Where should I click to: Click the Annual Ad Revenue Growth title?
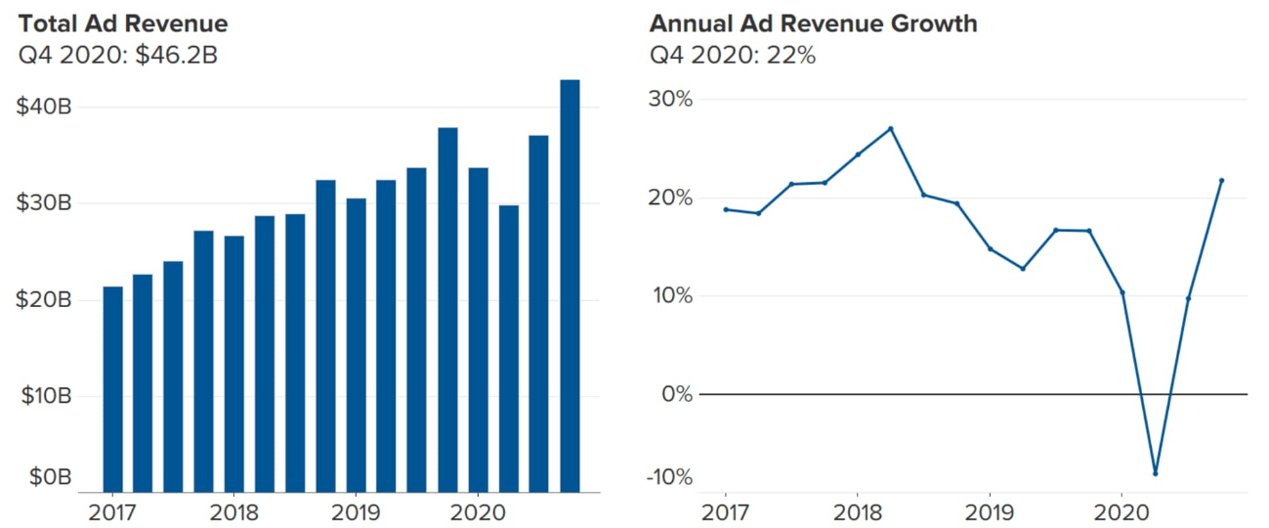pyautogui.click(x=813, y=22)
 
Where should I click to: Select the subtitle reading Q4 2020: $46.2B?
pyautogui.click(x=118, y=55)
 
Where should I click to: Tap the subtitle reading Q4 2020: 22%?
pyautogui.click(x=732, y=55)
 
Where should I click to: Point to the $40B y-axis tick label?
pyautogui.click(x=44, y=108)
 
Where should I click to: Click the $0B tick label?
pyautogui.click(x=50, y=477)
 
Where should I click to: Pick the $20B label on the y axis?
pyautogui.click(x=44, y=300)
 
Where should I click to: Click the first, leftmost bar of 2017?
pyautogui.click(x=112, y=389)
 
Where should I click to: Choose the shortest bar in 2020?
pyautogui.click(x=509, y=348)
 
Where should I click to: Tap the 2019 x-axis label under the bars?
pyautogui.click(x=357, y=512)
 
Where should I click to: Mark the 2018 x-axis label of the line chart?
pyautogui.click(x=857, y=512)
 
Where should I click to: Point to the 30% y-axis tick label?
pyautogui.click(x=669, y=100)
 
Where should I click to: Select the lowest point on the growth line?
pyautogui.click(x=1156, y=473)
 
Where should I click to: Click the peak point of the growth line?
pyautogui.click(x=891, y=128)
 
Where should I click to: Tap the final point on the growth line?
pyautogui.click(x=1222, y=180)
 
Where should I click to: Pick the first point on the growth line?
pyautogui.click(x=726, y=209)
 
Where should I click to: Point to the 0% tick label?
pyautogui.click(x=675, y=394)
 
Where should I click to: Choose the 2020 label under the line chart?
pyautogui.click(x=1121, y=512)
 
